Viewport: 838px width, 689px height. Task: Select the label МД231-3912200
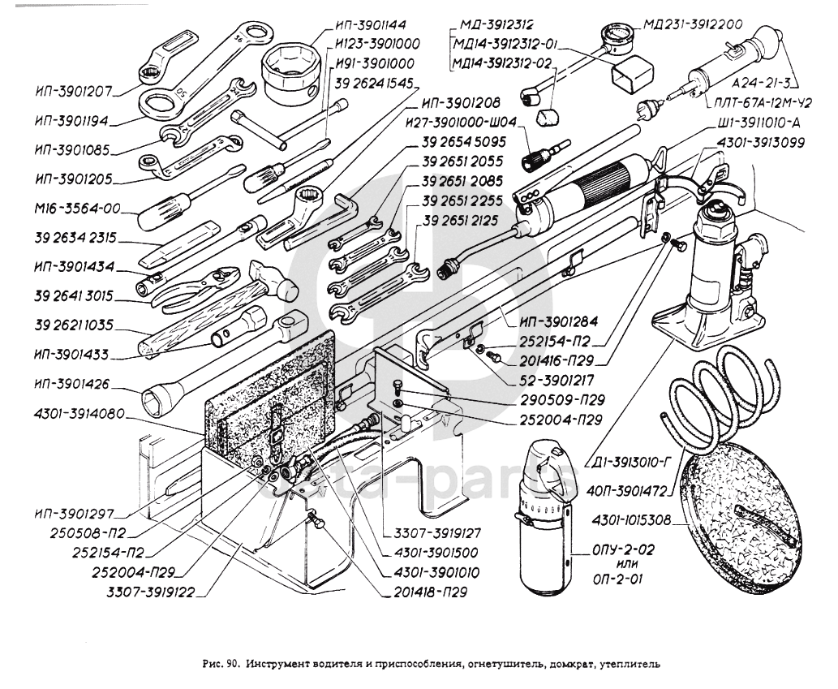pos(692,24)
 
